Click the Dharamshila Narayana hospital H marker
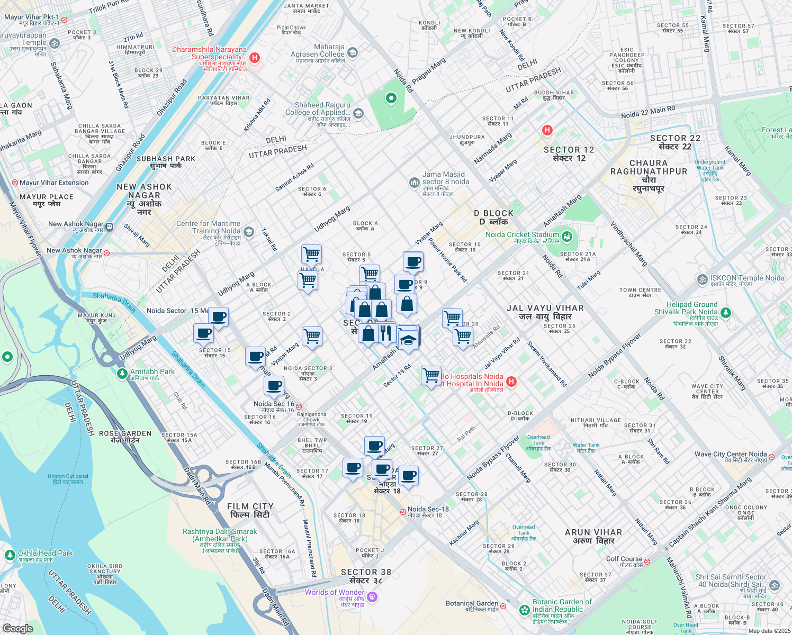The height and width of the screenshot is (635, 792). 255,57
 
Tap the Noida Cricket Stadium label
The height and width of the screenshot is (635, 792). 522,234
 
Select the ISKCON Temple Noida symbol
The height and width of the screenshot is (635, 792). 703,279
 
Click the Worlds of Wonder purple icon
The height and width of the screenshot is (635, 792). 372,597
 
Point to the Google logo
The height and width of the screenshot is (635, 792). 17,628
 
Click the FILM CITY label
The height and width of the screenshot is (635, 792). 250,510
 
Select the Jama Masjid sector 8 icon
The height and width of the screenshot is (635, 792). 414,183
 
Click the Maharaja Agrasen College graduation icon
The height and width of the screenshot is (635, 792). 353,52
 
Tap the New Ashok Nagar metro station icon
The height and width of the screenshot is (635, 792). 109,227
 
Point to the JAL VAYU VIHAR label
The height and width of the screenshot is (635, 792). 545,312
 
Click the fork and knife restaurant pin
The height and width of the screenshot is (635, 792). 385,333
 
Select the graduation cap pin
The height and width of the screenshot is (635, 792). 408,340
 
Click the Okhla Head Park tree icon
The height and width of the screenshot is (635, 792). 10,555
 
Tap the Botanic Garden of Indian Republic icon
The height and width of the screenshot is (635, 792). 525,610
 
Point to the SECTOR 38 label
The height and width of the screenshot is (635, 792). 366,576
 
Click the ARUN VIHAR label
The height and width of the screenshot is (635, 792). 593,536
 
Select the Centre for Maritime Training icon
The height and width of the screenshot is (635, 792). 249,231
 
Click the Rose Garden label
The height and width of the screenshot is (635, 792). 125,437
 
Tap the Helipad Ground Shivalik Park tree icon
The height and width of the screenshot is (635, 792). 726,313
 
